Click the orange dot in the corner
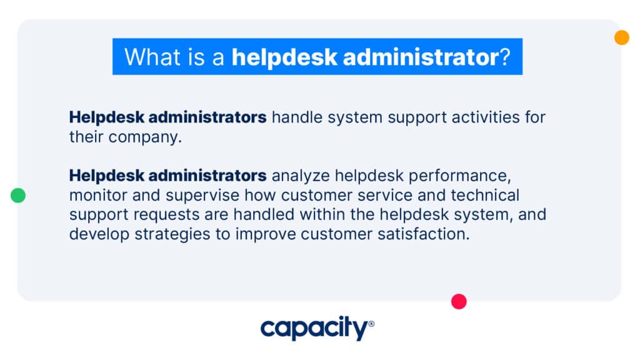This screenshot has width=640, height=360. (x=621, y=37)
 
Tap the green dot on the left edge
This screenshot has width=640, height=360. (x=18, y=196)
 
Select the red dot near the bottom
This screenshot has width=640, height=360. (x=459, y=301)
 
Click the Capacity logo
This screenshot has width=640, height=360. (x=317, y=327)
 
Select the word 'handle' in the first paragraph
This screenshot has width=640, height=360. (x=296, y=117)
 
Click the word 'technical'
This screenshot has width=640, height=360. (x=481, y=195)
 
